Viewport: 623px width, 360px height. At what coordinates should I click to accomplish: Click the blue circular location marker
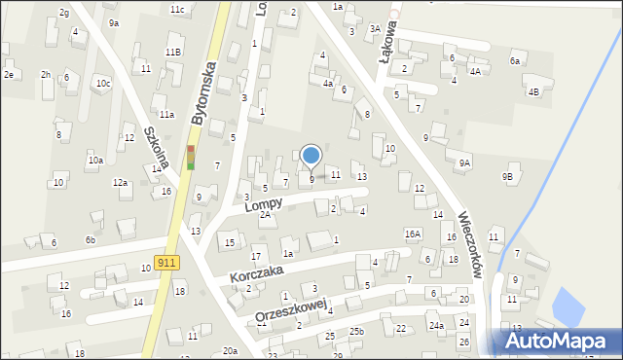point(311,155)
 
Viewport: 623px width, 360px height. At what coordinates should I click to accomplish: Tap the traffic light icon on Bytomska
point(191,157)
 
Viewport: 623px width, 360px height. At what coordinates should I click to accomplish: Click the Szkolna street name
point(157,147)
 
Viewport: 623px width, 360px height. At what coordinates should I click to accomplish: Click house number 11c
point(176,9)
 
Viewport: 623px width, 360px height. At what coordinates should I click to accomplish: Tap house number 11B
point(172,52)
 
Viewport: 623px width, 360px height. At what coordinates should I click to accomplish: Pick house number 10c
point(103,84)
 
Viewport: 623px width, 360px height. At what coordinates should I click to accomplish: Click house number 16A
point(413,234)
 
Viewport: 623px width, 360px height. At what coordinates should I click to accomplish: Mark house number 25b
point(358,332)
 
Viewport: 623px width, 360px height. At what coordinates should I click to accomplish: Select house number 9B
point(507,176)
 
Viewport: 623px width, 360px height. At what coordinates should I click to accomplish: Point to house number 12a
point(120,182)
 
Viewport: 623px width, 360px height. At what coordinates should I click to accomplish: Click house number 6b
point(90,239)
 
